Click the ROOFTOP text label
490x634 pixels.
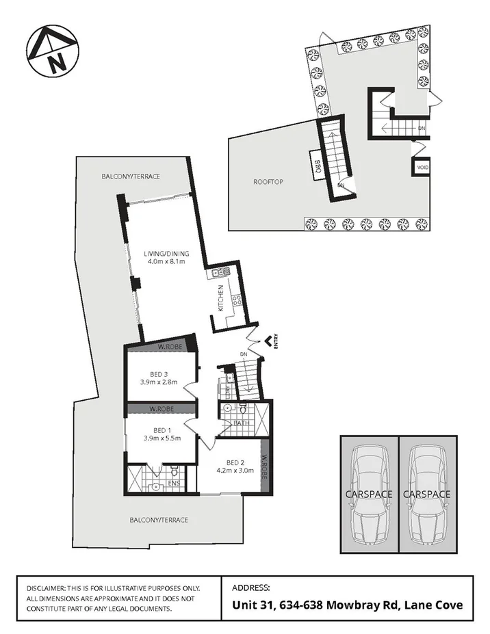point(268,182)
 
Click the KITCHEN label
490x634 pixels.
point(221,298)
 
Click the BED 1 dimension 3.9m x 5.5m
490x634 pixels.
point(162,438)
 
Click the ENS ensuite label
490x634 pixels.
point(175,484)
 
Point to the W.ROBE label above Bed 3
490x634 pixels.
point(168,346)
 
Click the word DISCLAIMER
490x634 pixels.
point(45,588)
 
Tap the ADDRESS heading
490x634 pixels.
point(251,587)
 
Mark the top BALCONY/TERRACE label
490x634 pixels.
point(131,176)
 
